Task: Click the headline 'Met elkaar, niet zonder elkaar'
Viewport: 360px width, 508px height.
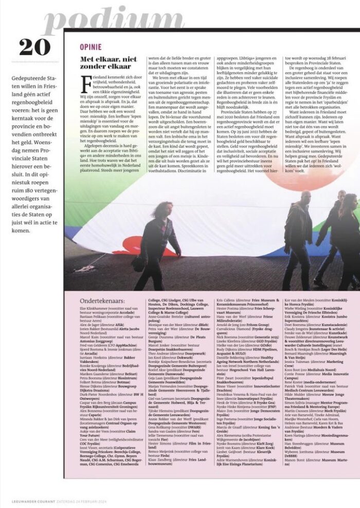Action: coord(105,63)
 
